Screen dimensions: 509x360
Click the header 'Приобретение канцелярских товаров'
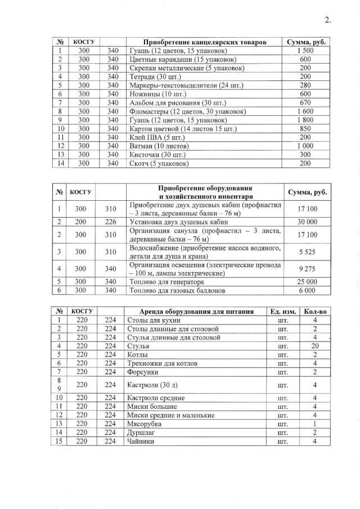click(205, 42)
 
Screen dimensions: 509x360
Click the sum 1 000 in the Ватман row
click(305, 146)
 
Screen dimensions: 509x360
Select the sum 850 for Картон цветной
click(305, 128)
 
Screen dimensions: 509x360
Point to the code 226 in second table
click(110, 222)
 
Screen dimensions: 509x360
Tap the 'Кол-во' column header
click(315, 311)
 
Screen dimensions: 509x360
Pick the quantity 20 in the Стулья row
click(315, 346)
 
